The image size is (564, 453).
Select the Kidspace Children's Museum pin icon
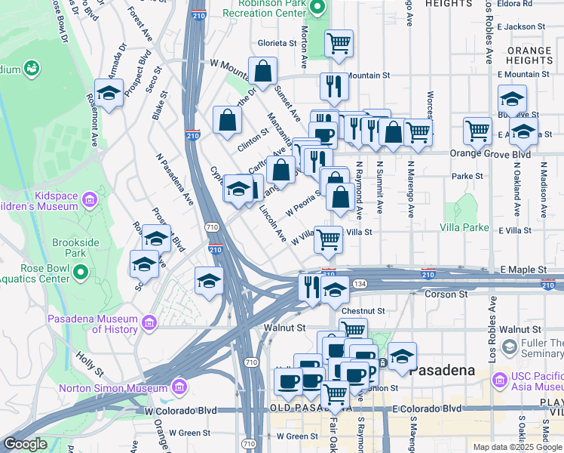[90, 200]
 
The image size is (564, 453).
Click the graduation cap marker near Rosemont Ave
[109, 93]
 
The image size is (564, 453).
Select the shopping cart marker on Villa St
[329, 239]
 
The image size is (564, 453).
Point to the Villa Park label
[464, 226]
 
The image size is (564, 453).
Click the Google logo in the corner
[25, 444]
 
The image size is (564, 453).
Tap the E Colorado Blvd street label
[426, 408]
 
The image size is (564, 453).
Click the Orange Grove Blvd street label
[490, 153]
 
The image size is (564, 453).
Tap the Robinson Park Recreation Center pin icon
[317, 8]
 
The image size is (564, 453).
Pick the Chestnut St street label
[363, 310]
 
